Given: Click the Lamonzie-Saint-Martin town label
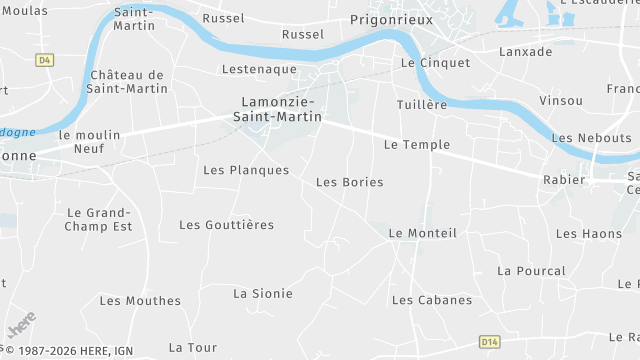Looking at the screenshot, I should click(281, 109).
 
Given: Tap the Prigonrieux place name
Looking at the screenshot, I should click(389, 18).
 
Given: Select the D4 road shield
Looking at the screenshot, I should click(44, 60).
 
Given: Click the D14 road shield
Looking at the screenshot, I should click(489, 341).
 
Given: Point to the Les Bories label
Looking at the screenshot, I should click(349, 182).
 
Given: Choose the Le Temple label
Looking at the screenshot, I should click(417, 144).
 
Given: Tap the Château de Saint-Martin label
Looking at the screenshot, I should click(126, 82).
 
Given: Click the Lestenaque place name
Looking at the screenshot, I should click(259, 69).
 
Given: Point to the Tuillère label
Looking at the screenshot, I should click(421, 105).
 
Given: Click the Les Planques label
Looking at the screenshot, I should click(245, 170).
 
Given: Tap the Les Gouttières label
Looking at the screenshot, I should click(226, 225).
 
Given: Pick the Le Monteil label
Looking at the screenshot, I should click(422, 233).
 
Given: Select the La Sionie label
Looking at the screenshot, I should click(263, 293).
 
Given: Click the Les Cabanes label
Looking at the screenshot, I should click(432, 300).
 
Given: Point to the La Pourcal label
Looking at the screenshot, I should click(531, 270).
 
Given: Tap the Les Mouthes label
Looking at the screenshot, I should click(140, 300).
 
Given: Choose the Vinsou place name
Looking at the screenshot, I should click(560, 101).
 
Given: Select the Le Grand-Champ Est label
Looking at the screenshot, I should click(100, 219).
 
